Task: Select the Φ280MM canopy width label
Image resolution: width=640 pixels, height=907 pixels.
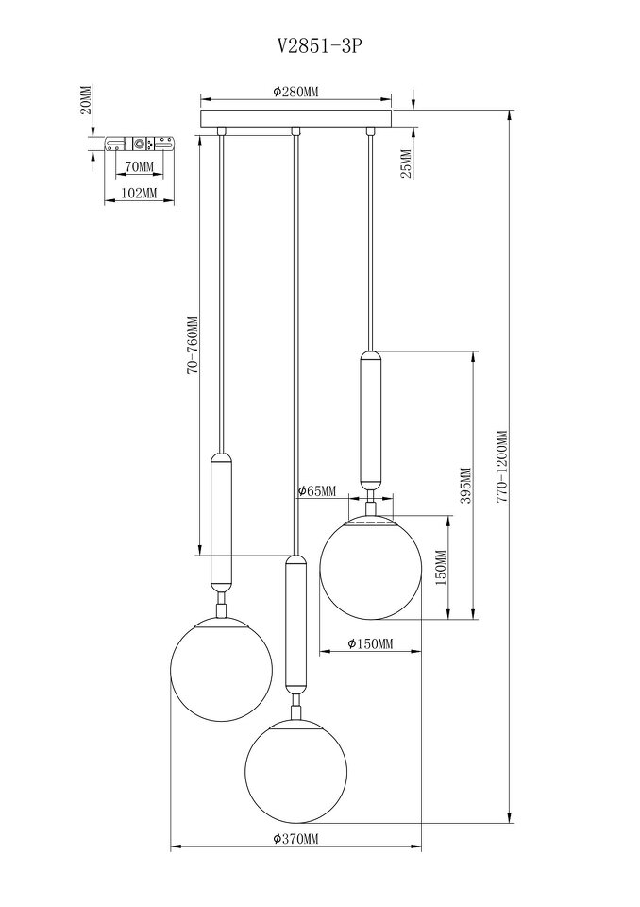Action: [x=295, y=92]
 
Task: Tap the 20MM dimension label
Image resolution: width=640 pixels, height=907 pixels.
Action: [x=85, y=100]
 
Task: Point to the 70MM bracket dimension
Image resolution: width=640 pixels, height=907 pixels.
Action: [x=140, y=166]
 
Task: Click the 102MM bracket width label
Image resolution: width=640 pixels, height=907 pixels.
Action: [x=140, y=193]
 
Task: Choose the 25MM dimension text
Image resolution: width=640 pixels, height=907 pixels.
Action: [x=407, y=163]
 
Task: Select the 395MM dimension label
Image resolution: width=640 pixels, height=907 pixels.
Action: [x=466, y=486]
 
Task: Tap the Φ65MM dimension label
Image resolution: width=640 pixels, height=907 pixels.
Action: [x=316, y=491]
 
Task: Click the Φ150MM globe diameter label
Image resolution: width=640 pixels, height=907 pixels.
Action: [x=370, y=643]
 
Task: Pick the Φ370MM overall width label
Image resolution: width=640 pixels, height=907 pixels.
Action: [x=295, y=839]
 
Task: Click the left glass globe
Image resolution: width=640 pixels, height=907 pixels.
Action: [x=221, y=669]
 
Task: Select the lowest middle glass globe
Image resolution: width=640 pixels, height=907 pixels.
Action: [x=296, y=771]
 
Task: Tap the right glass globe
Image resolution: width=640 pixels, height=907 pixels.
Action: [x=371, y=568]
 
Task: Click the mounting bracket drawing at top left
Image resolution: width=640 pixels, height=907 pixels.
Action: [x=140, y=144]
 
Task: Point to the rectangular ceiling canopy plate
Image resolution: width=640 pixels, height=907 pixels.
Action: [x=295, y=119]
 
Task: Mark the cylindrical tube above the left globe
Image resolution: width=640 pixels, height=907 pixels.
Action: [x=222, y=522]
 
